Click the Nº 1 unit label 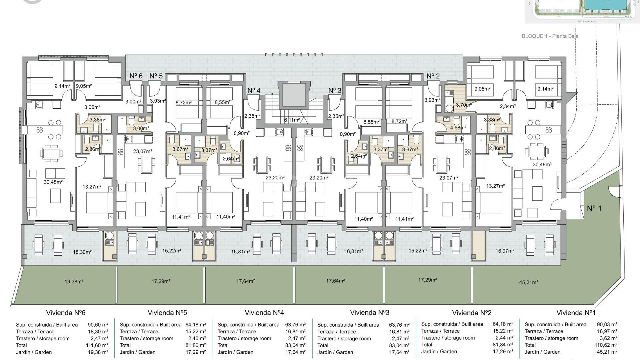pos(594,209)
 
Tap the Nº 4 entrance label pos(254,91)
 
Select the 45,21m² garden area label pos(528,282)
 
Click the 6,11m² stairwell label pos(292,120)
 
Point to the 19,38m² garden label pos(74,282)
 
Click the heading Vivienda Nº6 pos(66,313)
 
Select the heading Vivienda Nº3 pos(369,313)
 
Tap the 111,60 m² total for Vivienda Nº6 pos(97,345)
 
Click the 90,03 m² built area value pos(607,324)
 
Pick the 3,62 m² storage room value pos(608,338)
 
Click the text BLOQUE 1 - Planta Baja pos(550,36)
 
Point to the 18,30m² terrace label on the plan pos(82,252)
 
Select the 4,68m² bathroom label pos(458,127)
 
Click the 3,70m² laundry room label pos(464,105)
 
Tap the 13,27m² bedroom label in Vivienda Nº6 pos(92,187)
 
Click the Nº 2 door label pos(433,76)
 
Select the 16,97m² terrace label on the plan pos(505,251)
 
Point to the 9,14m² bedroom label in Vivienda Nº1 pos(545,89)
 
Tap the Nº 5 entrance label pos(156,76)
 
